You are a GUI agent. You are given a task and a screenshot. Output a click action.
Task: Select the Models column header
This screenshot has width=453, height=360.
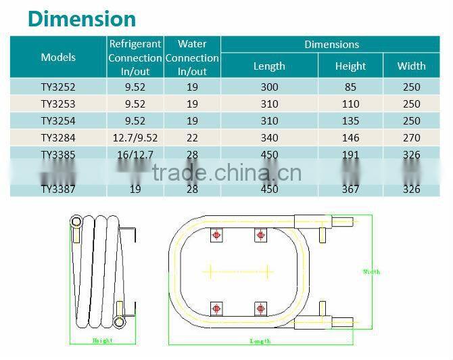pos(58,57)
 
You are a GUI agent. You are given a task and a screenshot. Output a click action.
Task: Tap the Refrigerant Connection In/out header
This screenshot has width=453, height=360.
pos(135,57)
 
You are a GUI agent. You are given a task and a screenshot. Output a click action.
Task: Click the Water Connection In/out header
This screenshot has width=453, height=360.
pos(192,57)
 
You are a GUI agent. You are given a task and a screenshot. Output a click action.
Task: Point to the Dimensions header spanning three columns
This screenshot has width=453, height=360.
pos(331,45)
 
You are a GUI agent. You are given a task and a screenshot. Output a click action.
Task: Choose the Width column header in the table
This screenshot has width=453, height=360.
pos(411,66)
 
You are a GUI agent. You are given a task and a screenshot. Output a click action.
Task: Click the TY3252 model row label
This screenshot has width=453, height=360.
pos(58,87)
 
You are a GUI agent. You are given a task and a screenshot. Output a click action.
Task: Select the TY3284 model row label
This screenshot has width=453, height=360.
pos(58,138)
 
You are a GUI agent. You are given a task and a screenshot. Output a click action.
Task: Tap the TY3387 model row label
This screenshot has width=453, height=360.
pos(58,189)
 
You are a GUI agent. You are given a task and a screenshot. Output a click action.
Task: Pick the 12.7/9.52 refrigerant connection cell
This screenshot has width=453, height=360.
pos(135,138)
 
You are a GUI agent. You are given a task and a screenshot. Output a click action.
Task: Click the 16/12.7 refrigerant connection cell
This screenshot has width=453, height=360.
pos(135,155)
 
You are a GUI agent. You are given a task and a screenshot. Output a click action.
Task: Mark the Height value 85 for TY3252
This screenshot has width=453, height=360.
pos(350,87)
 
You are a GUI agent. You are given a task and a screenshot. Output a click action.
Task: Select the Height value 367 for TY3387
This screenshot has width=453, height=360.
pos(350,189)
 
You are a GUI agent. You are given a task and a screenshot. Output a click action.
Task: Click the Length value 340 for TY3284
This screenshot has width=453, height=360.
pos(269,138)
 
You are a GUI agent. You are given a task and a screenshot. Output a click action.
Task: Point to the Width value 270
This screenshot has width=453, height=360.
pos(411,138)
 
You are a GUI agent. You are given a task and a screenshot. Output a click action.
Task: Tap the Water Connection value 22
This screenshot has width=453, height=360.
pos(192,138)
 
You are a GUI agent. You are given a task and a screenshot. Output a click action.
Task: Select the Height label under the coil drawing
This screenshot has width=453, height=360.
pos(102,340)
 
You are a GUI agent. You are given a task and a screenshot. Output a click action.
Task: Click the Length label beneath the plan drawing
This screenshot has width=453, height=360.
pos(260,341)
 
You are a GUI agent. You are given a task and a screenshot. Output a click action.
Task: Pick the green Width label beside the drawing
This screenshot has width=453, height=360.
pos(371,272)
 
